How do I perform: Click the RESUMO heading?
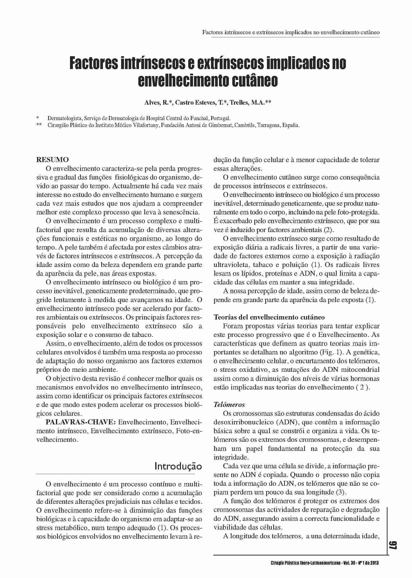pyautogui.click(x=53, y=160)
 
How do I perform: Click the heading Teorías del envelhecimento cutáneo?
pyautogui.click(x=269, y=317)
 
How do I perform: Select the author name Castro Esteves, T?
pyautogui.click(x=200, y=102)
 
